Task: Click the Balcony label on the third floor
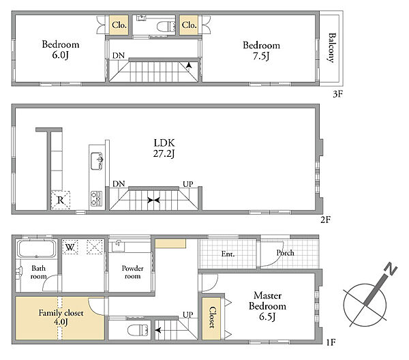click(x=331, y=48)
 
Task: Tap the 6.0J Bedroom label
click(x=61, y=50)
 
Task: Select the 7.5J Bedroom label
click(x=261, y=50)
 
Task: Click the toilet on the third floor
click(x=166, y=27)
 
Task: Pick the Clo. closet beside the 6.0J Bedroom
click(x=119, y=25)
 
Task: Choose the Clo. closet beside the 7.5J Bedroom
click(x=189, y=25)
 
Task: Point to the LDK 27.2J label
click(x=164, y=148)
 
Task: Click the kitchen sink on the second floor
click(x=97, y=161)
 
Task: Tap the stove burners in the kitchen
click(x=96, y=198)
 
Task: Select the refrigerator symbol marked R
click(x=61, y=200)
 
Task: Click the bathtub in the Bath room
click(x=36, y=249)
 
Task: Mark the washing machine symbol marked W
click(x=70, y=247)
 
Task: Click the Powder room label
click(x=132, y=272)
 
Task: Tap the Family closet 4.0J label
click(x=61, y=317)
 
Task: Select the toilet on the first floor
click(x=138, y=330)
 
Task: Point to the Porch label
click(x=285, y=253)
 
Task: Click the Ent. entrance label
click(x=228, y=254)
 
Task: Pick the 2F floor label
click(x=326, y=220)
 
